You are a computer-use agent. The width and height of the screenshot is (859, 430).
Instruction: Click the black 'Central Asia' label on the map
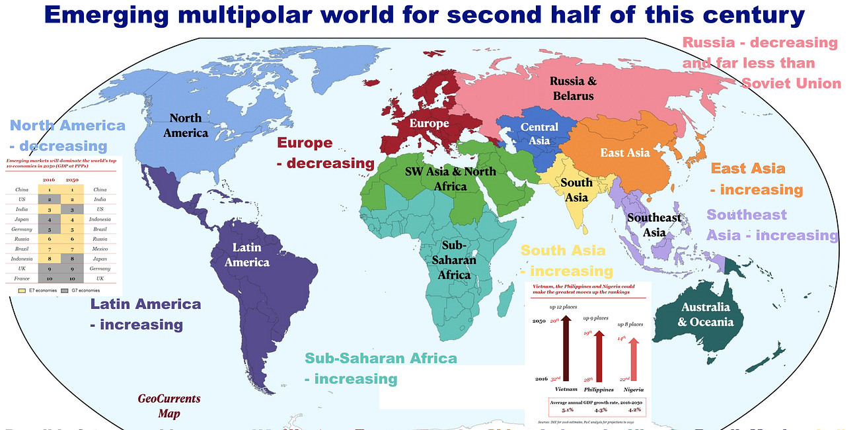pyautogui.click(x=539, y=133)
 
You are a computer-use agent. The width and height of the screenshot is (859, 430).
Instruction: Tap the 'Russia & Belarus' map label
pyautogui.click(x=572, y=88)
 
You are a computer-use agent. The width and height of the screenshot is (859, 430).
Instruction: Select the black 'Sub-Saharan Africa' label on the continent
pyautogui.click(x=455, y=260)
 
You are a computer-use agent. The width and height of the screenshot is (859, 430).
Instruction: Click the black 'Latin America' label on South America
pyautogui.click(x=246, y=255)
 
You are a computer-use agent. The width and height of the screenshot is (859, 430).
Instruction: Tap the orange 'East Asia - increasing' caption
pyautogui.click(x=756, y=179)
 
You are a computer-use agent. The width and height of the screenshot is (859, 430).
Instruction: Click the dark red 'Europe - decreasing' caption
pyautogui.click(x=325, y=153)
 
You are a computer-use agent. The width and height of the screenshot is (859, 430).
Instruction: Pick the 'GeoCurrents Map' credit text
pyautogui.click(x=168, y=406)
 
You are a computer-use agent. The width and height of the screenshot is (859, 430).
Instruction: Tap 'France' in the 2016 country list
pyautogui.click(x=21, y=279)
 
